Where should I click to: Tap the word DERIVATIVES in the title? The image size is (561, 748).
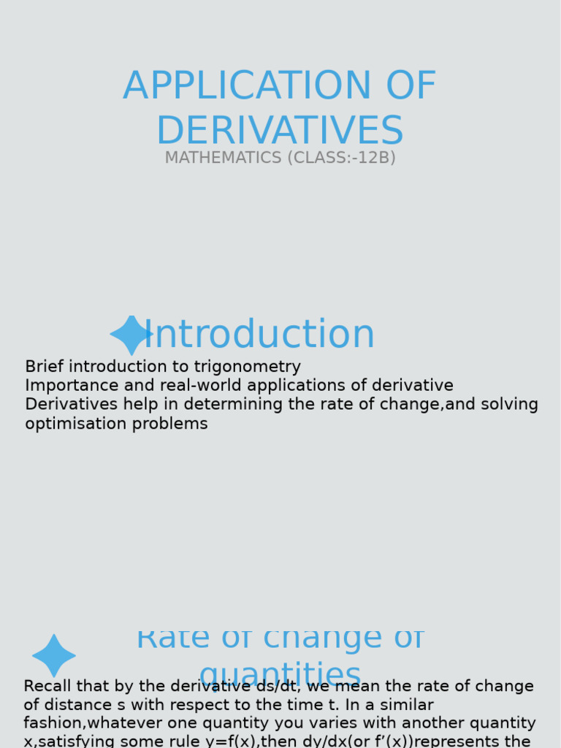(x=280, y=131)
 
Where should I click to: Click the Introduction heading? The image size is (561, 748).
(x=259, y=335)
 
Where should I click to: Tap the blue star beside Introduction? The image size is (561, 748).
(x=131, y=335)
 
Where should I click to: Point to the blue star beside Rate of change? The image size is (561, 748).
(x=54, y=655)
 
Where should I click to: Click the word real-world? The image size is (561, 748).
(x=195, y=386)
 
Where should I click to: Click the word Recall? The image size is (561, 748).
(x=48, y=687)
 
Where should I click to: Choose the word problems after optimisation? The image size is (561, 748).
(x=172, y=424)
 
